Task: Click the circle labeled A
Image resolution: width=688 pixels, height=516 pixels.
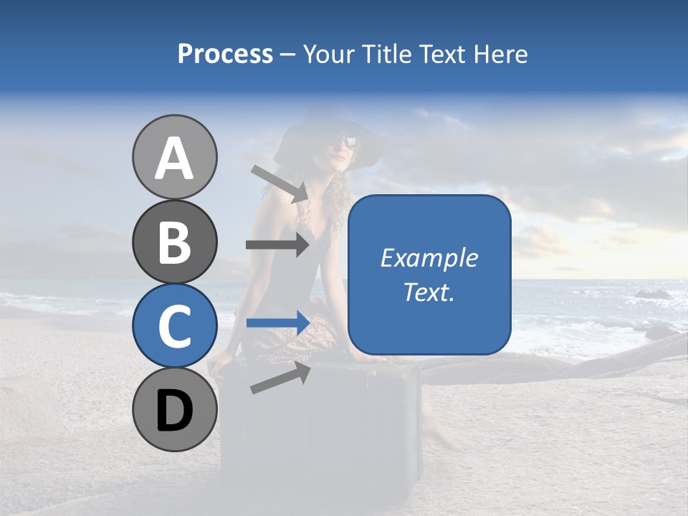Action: pos(174,158)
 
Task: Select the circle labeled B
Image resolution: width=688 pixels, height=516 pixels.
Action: pos(174,242)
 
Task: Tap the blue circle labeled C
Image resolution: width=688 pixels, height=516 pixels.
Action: pos(174,325)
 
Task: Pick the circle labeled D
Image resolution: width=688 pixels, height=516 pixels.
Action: pos(174,409)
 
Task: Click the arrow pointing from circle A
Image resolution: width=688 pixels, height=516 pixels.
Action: pos(279,183)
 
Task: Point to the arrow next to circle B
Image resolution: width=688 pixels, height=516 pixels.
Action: pos(277,244)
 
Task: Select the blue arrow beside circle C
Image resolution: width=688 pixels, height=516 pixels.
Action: pos(277,323)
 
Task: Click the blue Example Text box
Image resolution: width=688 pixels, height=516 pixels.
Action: pos(429,274)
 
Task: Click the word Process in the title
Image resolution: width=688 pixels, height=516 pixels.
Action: pos(225,54)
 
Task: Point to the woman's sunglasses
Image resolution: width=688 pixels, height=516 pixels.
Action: pos(346,140)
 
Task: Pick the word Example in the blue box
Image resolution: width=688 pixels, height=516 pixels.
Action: pos(429,258)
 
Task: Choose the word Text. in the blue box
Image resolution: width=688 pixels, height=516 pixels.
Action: pos(429,292)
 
